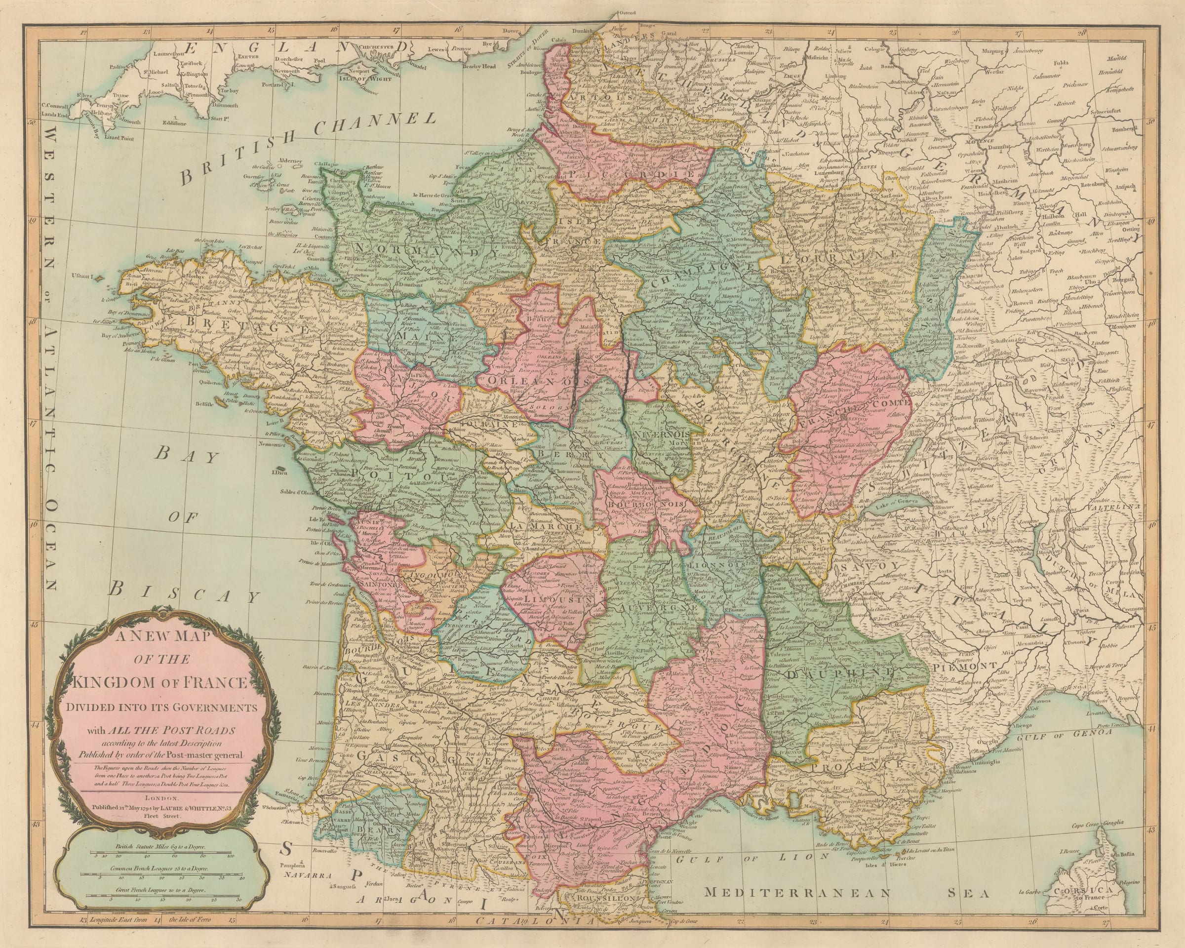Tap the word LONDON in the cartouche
tap(161, 797)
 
